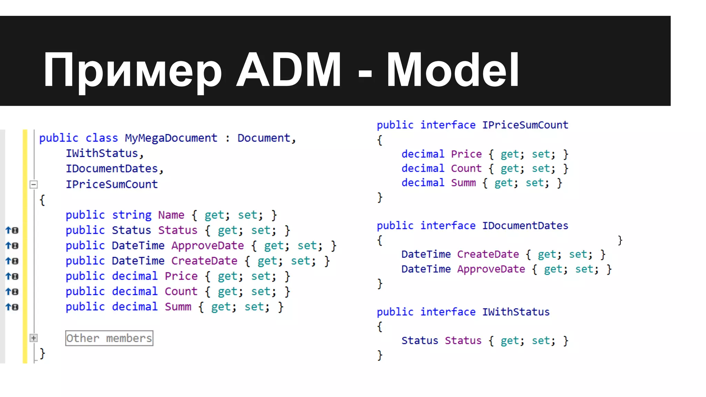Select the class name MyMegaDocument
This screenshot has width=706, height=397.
(171, 138)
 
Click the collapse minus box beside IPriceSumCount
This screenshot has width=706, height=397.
(33, 184)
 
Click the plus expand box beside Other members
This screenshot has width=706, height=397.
(33, 338)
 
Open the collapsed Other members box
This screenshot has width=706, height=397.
(109, 338)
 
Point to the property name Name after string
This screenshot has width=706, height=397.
(171, 215)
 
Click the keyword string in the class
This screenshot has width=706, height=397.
(132, 215)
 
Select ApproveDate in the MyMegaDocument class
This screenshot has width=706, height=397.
(208, 246)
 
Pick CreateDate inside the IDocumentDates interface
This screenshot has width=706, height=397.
(488, 254)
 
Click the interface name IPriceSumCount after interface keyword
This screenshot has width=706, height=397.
(525, 125)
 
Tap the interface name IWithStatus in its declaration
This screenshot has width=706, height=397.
(516, 312)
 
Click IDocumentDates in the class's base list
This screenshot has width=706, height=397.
(112, 169)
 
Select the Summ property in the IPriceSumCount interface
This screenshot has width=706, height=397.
(463, 183)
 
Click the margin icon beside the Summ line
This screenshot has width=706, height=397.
(12, 307)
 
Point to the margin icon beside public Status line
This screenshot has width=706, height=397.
(12, 230)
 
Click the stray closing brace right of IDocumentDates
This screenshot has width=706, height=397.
(620, 240)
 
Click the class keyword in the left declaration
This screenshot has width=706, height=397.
(101, 138)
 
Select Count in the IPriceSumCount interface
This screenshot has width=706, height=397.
(466, 169)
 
